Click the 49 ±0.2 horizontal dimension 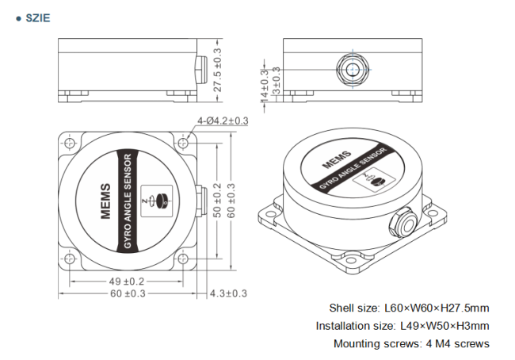127,281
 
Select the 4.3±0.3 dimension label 228,293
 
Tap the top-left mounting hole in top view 70,144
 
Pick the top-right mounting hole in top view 185,144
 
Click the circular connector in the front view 349,66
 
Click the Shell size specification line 409,308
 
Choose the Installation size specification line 402,325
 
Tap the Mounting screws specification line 411,343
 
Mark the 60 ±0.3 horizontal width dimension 127,293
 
